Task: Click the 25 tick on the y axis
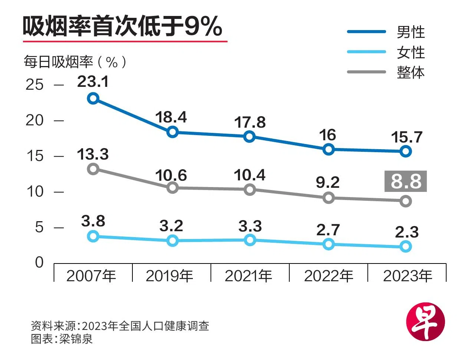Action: click(x=35, y=85)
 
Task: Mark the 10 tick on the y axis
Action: click(x=35, y=192)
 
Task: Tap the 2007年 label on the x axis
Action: click(x=91, y=276)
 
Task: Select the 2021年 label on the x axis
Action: click(x=249, y=276)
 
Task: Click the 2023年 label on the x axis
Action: click(x=408, y=276)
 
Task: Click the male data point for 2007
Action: click(x=93, y=98)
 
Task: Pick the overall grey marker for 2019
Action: click(x=172, y=188)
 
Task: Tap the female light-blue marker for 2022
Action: click(x=328, y=244)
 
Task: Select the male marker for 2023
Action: click(x=406, y=151)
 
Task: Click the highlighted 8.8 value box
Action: click(x=406, y=181)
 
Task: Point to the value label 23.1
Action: click(x=93, y=82)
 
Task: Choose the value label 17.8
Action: click(x=250, y=122)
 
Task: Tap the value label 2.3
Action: click(x=407, y=232)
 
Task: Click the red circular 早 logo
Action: click(x=425, y=321)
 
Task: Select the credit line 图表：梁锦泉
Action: click(x=62, y=339)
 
